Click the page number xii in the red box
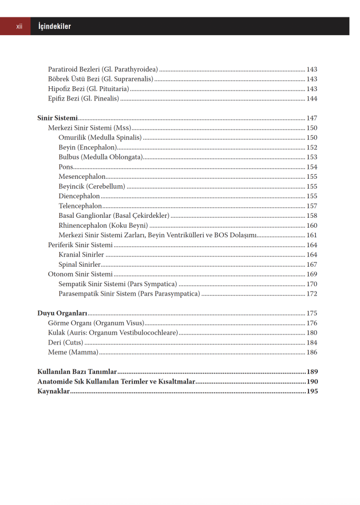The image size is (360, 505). point(19,26)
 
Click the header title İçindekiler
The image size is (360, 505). point(55,26)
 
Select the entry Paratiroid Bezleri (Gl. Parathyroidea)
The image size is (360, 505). point(103,69)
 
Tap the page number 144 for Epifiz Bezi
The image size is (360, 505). point(312,99)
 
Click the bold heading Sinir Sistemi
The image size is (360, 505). point(57,118)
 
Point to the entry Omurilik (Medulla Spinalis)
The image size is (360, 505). point(100,138)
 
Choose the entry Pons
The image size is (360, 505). point(66,167)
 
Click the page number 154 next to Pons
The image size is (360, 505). point(312,167)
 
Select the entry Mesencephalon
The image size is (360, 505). point(82,177)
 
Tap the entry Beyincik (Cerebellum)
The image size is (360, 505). point(91,187)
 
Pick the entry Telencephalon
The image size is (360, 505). point(80,206)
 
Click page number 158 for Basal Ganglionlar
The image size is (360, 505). point(312,216)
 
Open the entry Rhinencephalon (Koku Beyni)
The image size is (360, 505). point(103,226)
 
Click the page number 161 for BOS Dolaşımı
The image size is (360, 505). point(312,235)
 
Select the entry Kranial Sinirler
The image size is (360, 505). point(81,255)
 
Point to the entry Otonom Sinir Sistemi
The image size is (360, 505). point(80,274)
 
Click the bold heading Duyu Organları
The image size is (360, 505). point(62,314)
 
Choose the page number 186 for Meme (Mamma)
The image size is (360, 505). point(312,352)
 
